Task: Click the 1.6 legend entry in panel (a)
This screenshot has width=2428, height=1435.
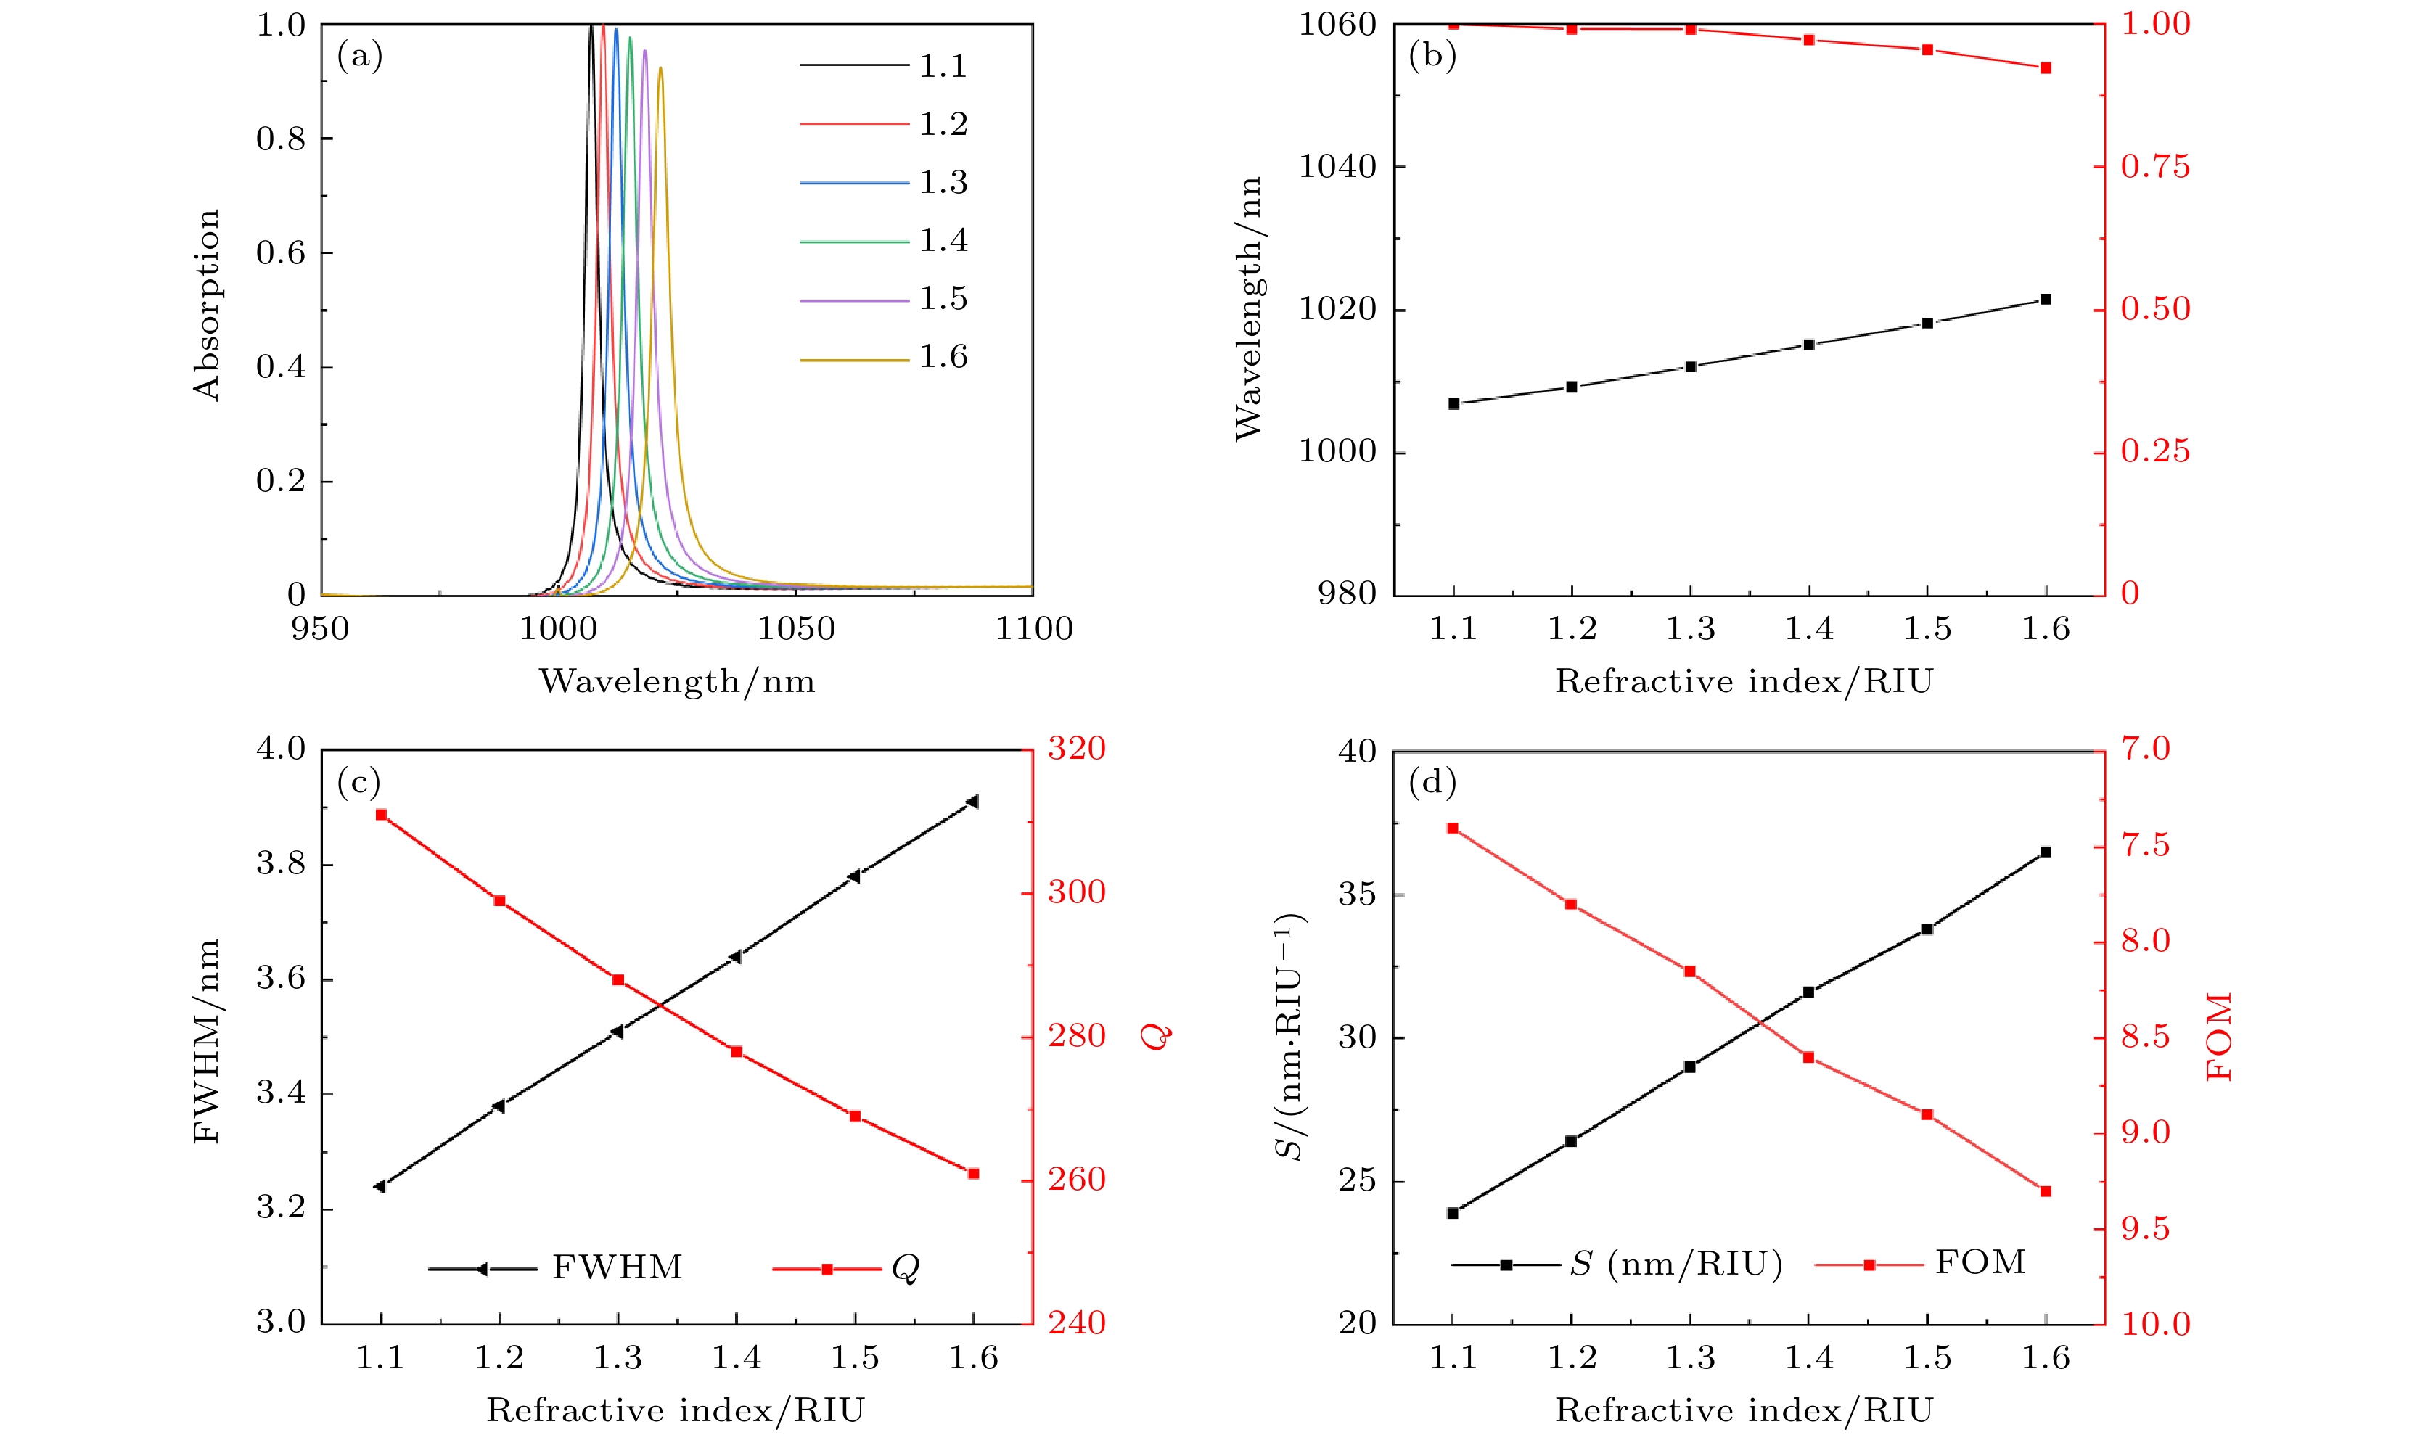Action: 942,358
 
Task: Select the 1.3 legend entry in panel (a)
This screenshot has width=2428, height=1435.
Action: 942,183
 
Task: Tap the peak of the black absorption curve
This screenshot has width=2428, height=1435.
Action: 591,26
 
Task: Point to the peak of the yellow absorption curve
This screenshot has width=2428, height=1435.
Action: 660,69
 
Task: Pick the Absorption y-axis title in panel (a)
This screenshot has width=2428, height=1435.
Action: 207,305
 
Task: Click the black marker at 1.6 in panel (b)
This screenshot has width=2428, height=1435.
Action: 2045,300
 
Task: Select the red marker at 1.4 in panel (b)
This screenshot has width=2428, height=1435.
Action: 1808,41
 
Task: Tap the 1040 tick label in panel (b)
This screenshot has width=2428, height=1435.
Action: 1337,166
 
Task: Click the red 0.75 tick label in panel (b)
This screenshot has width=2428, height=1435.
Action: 2155,166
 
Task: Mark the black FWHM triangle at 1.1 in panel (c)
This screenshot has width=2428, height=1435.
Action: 380,1186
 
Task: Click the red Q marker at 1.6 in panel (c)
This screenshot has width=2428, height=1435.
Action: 974,1174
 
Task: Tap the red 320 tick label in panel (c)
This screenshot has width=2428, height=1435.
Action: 1076,749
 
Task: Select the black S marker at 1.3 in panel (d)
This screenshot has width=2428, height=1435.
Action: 1690,1066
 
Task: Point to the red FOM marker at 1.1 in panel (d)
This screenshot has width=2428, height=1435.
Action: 1452,828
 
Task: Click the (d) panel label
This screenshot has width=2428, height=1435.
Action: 1432,782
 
